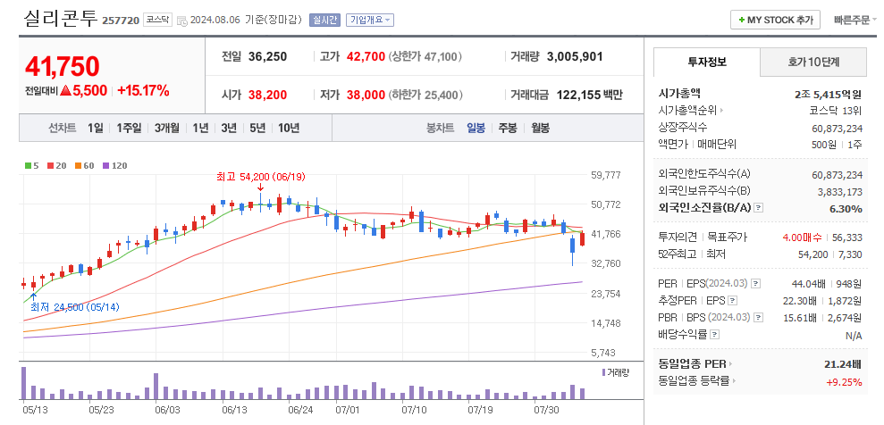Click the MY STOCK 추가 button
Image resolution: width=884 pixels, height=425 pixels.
pos(776,20)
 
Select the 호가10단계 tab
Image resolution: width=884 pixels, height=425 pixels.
pos(813,62)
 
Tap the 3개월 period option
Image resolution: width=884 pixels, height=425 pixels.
pos(167,128)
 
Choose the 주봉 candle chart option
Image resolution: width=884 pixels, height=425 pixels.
pos(508,128)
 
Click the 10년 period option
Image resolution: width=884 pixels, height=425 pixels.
pos(289,128)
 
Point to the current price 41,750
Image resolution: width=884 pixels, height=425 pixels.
pos(63,66)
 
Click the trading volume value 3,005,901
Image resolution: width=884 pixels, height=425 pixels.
pos(574,56)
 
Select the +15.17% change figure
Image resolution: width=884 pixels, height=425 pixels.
pos(143,90)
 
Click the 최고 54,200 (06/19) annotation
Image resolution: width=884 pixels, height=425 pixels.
pos(260,176)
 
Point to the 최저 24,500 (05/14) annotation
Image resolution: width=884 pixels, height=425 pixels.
pos(74,307)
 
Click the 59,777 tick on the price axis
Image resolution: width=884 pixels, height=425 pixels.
pos(605,175)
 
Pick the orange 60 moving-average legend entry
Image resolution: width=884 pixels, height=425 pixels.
pos(86,165)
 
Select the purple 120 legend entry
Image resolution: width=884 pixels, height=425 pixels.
pos(114,165)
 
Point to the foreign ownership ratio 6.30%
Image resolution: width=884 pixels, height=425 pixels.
pos(846,208)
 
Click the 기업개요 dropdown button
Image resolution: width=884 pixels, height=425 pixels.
pos(369,20)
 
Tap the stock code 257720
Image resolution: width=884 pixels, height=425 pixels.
pos(121,20)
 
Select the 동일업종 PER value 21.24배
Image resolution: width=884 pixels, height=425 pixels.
pos(843,364)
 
